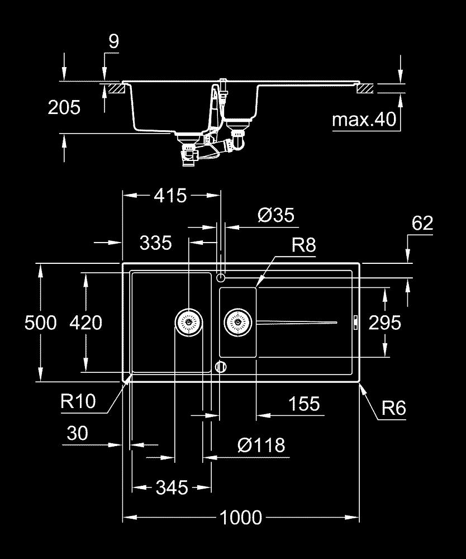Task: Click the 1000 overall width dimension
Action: coord(240,518)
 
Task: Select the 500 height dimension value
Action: coord(41,323)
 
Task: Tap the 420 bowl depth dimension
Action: coord(86,323)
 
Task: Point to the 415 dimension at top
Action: coord(170,196)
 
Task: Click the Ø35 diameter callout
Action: coord(275,215)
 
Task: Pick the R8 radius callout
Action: coord(303,245)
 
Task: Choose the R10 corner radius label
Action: coord(79,401)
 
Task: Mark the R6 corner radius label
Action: coord(393,409)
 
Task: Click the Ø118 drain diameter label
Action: coord(261,446)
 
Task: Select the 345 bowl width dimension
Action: coord(172,487)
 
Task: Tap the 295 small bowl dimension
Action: coord(385,323)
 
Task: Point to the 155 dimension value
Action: coord(305,404)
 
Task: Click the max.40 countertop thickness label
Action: coord(364,119)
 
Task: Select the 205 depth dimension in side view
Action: coord(64,107)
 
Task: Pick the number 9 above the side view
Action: coord(114,42)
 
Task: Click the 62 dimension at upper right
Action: coord(422,224)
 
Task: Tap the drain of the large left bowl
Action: coord(188,322)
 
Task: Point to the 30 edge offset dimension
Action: coord(77,433)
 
